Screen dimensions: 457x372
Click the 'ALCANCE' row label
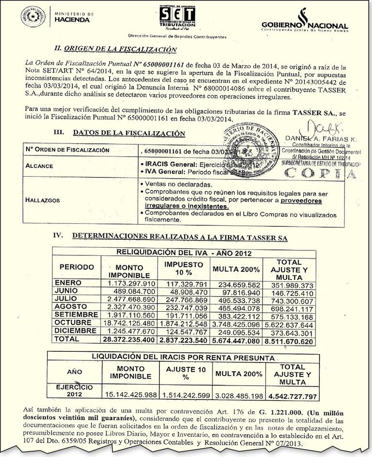click(x=40, y=166)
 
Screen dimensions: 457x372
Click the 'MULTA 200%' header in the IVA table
click(x=237, y=269)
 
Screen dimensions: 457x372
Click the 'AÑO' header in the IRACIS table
click(x=75, y=372)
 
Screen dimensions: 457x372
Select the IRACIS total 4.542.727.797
click(x=292, y=396)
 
